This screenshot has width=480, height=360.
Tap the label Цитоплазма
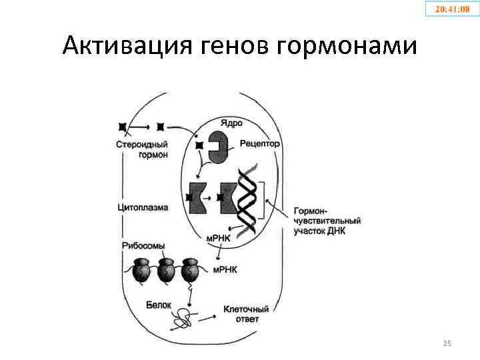click(x=142, y=207)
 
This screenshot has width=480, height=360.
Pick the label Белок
click(x=159, y=305)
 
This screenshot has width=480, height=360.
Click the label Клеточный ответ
click(x=246, y=314)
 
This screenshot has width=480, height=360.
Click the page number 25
click(x=447, y=343)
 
